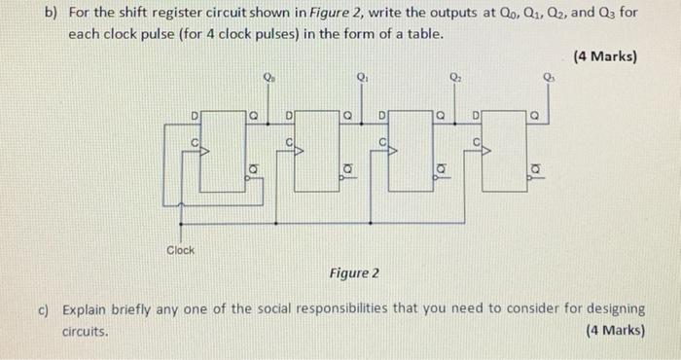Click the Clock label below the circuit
180,250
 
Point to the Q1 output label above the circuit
362,76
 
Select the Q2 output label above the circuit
454,77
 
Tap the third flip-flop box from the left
412,150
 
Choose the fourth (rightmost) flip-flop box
504,150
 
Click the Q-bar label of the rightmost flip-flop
532,172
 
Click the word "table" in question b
424,34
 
